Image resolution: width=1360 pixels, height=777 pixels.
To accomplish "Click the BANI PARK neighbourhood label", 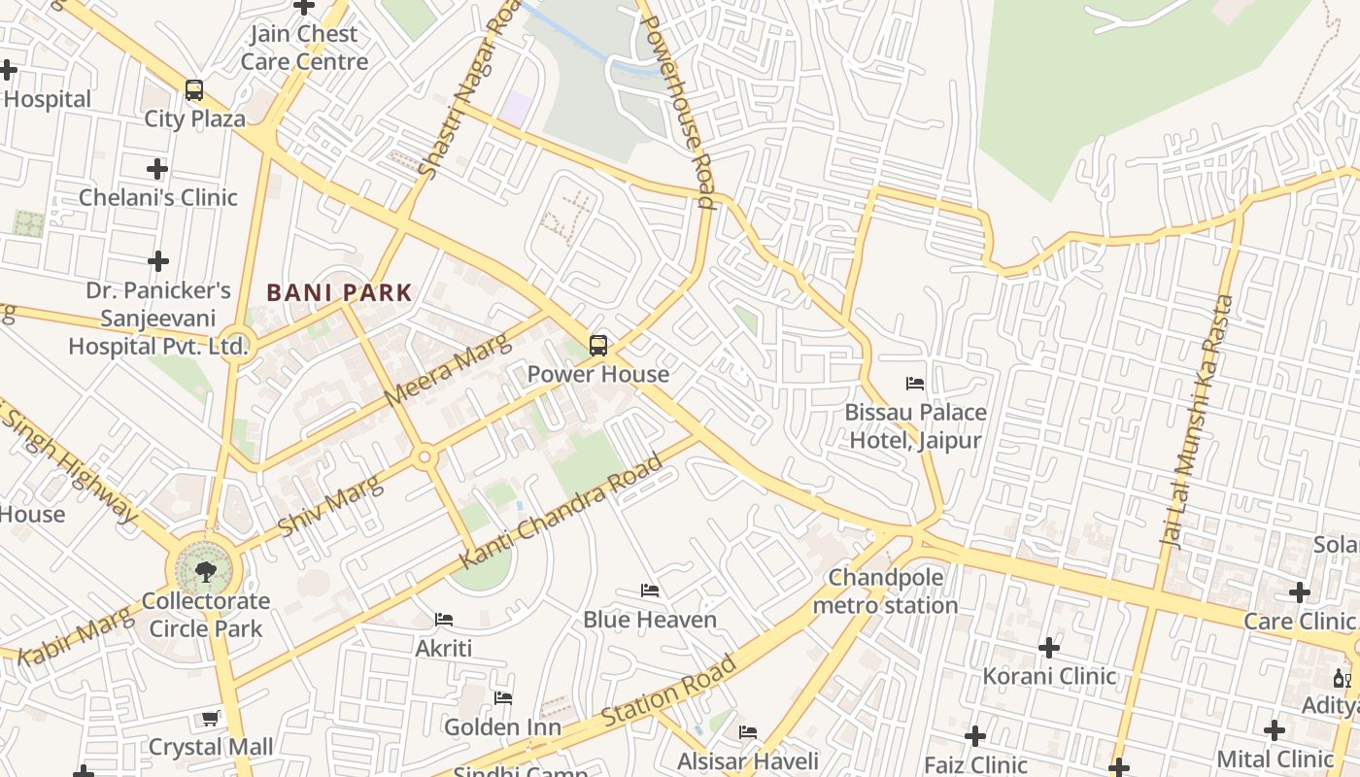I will (340, 292).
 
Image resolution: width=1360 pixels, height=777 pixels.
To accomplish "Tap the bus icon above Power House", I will (598, 346).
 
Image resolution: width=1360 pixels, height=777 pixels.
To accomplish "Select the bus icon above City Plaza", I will (194, 90).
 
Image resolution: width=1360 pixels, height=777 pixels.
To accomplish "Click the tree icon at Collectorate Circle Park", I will (205, 571).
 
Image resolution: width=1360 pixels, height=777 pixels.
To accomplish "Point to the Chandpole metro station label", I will (885, 591).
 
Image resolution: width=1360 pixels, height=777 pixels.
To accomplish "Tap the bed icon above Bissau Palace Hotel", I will (915, 384).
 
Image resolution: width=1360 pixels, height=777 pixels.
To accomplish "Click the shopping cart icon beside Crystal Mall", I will (211, 719).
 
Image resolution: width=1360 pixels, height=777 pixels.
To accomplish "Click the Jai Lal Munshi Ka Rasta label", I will (1198, 423).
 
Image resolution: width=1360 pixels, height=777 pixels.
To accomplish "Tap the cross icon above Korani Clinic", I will (1049, 647).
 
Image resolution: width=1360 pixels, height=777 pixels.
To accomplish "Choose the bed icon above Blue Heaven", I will (650, 591).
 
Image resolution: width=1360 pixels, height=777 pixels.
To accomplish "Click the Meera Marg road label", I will (446, 370).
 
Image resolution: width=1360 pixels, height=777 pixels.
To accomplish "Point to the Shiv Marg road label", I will (330, 505).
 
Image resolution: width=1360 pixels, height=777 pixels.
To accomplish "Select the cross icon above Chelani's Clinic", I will (157, 169).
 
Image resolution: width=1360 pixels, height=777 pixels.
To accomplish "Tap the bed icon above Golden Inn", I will (503, 698).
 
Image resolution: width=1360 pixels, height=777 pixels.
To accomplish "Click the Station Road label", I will (668, 692).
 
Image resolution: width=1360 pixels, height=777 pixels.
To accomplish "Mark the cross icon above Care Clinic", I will (1299, 592).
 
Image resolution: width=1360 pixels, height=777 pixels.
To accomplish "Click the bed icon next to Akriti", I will (444, 620).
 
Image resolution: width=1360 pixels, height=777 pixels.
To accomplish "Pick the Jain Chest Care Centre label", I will (305, 48).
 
